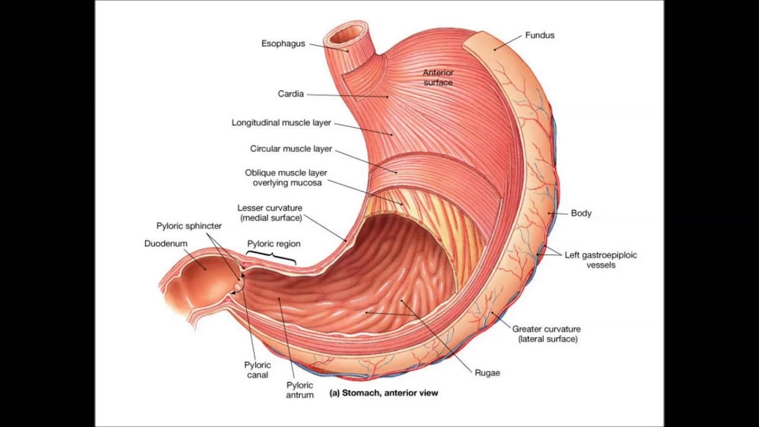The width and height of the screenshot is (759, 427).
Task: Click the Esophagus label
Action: click(x=283, y=43)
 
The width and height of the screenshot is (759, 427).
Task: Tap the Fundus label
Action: click(x=540, y=35)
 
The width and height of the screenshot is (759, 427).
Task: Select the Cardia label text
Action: click(x=291, y=94)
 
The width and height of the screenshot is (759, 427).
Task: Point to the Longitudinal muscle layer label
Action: click(x=281, y=123)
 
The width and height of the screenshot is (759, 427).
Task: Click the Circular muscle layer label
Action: click(x=291, y=148)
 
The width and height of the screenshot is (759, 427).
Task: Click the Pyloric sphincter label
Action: click(x=189, y=226)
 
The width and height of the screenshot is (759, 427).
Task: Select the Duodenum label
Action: click(x=165, y=244)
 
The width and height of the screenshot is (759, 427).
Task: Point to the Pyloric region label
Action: click(x=273, y=244)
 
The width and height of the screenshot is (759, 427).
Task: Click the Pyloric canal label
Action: click(x=257, y=369)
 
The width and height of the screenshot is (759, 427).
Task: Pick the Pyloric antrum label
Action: click(x=299, y=390)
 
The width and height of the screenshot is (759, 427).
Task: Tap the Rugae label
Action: click(x=487, y=373)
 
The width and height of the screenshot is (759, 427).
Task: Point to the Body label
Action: click(x=581, y=213)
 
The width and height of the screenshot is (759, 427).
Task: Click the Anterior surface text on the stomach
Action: click(x=438, y=77)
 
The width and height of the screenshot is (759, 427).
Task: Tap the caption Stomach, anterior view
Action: click(x=384, y=393)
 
